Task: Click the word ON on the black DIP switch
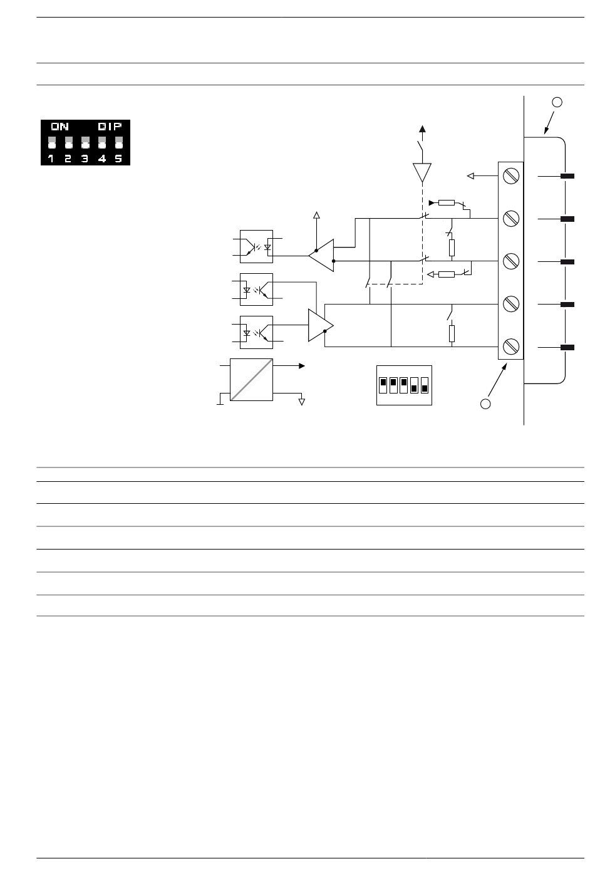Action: [59, 127]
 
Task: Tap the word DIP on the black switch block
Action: [110, 127]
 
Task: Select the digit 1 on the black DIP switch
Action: [51, 159]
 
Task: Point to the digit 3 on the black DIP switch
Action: [85, 159]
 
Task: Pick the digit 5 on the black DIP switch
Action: [118, 159]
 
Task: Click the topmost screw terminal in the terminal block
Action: [511, 176]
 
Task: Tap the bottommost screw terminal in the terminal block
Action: [511, 347]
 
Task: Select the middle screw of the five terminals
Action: [511, 261]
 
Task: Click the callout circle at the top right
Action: [557, 102]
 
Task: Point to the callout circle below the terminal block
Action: [485, 404]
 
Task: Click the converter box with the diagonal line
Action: [251, 380]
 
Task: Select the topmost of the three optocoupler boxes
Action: [256, 246]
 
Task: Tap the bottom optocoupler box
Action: [256, 332]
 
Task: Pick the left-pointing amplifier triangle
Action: [321, 256]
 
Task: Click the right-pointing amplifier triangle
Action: [321, 325]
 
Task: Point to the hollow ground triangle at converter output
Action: [301, 402]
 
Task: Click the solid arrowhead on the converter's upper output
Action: [302, 366]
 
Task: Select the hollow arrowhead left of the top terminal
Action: [471, 176]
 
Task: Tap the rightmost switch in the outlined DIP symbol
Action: [425, 385]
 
